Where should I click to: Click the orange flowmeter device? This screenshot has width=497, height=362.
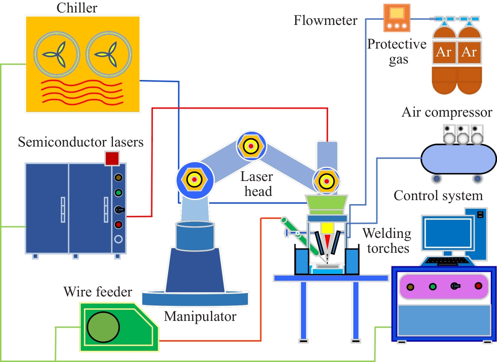397,17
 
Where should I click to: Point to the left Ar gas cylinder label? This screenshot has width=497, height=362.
444,52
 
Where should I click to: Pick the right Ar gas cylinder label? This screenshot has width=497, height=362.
469,52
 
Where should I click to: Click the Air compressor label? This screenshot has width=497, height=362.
447,113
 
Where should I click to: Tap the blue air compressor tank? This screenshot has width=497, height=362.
458,159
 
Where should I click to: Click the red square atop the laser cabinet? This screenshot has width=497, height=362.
112,158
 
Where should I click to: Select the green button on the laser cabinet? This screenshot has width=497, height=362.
118,193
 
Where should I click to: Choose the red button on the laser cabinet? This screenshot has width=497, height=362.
118,225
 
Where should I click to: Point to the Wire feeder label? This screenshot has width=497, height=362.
98,292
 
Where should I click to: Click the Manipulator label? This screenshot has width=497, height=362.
200,317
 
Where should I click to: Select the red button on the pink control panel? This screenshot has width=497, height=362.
478,286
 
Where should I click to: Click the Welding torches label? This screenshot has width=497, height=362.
387,241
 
